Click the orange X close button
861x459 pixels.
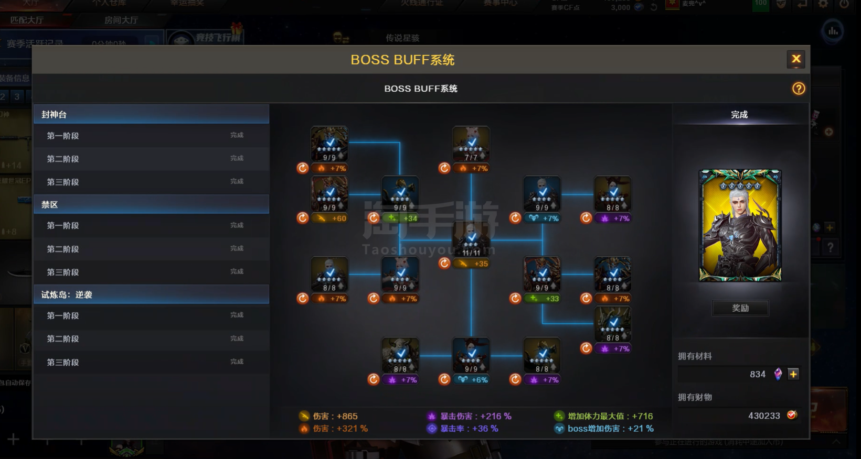pyautogui.click(x=796, y=59)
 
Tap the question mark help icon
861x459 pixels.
pyautogui.click(x=798, y=89)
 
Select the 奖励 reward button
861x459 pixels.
pyautogui.click(x=740, y=308)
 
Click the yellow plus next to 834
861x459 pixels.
pyautogui.click(x=793, y=374)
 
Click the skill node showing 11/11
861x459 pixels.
pyautogui.click(x=471, y=239)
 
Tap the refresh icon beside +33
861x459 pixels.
pyautogui.click(x=515, y=298)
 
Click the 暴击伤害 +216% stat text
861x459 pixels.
pyautogui.click(x=475, y=416)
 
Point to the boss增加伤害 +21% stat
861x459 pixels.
pyautogui.click(x=610, y=429)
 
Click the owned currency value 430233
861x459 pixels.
pyautogui.click(x=763, y=416)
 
